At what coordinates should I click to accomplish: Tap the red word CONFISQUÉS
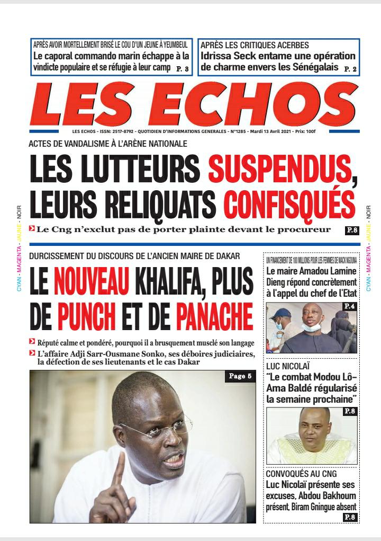coord(289,204)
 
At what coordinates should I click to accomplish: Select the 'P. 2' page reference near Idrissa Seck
coord(350,69)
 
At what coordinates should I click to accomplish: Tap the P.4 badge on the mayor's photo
coord(350,306)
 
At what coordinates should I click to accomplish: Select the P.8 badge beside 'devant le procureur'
coord(351,230)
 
